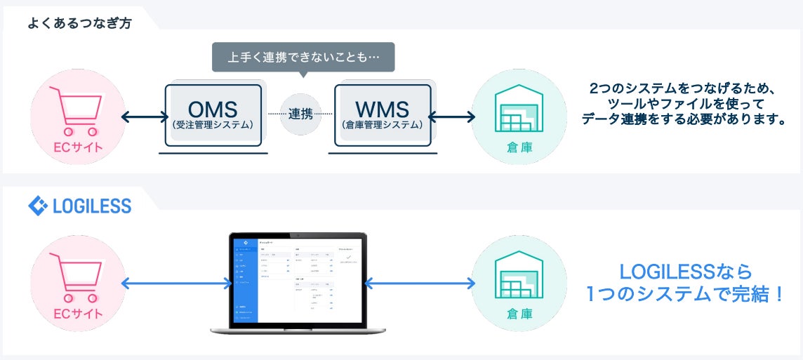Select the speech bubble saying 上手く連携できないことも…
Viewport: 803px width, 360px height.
pyautogui.click(x=303, y=57)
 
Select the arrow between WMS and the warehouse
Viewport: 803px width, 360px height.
pyautogui.click(x=452, y=116)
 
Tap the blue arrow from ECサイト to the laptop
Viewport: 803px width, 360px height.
pyautogui.click(x=176, y=284)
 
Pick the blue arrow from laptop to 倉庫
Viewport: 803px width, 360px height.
pyautogui.click(x=420, y=284)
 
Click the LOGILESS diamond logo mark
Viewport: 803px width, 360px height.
pyautogui.click(x=37, y=206)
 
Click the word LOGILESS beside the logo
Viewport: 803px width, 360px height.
pyautogui.click(x=92, y=206)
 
